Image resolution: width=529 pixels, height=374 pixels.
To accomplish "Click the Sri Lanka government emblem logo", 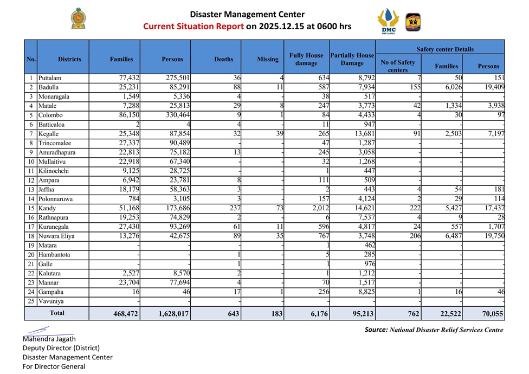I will pyautogui.click(x=78, y=19).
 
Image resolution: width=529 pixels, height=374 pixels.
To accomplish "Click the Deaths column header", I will pyautogui.click(x=224, y=59).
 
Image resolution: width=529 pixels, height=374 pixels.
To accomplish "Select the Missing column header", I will pyautogui.click(x=268, y=59).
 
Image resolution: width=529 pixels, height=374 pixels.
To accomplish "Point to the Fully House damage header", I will pyautogui.click(x=306, y=59).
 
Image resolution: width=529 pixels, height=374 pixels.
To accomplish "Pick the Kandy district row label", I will pyautogui.click(x=47, y=208).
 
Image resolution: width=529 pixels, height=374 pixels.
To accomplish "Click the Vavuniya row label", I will pyautogui.click(x=51, y=301).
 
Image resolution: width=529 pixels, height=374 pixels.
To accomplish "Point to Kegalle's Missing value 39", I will pyautogui.click(x=279, y=133).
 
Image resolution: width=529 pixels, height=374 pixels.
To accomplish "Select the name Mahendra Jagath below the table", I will pyautogui.click(x=49, y=339).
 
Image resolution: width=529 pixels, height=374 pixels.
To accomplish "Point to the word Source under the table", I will pyautogui.click(x=376, y=330).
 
